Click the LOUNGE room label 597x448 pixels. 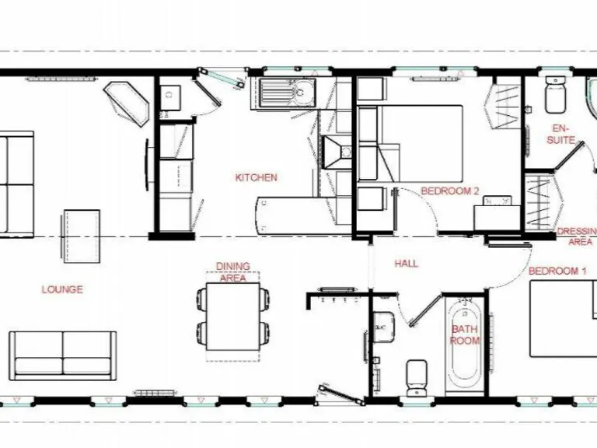point(62,289)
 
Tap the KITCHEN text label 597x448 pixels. point(256,177)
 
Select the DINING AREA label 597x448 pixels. point(233,271)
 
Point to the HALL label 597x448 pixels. point(406,264)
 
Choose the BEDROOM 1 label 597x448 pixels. point(557,271)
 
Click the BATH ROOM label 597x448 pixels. point(465,334)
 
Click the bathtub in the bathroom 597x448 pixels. point(465,342)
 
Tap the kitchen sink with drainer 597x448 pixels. point(287,94)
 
